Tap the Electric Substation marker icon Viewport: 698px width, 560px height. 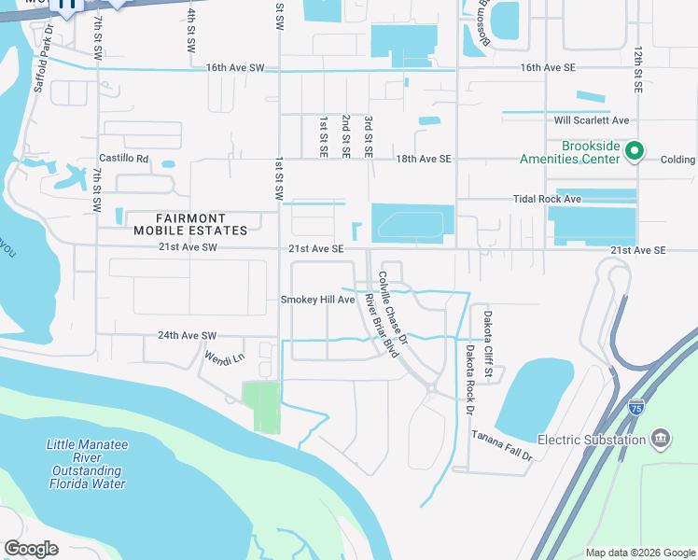click(660, 439)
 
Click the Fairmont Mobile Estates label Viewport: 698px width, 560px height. click(190, 224)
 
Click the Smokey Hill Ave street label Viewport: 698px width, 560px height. click(318, 300)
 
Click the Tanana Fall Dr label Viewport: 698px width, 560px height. click(501, 444)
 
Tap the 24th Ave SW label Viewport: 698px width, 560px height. click(187, 335)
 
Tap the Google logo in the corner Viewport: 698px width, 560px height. click(31, 548)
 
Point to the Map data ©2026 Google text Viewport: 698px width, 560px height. click(639, 553)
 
